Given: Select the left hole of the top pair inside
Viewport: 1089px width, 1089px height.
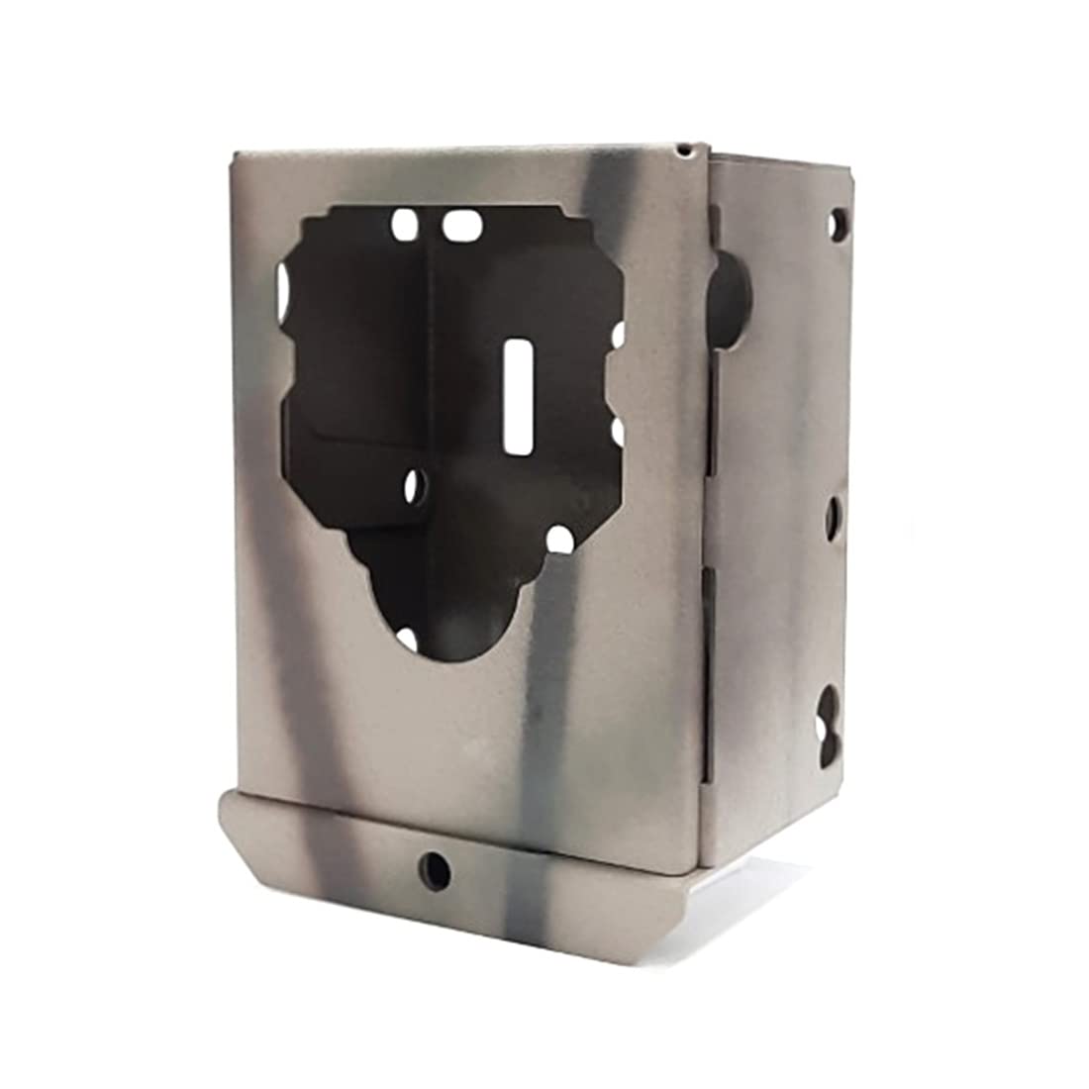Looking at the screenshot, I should [x=404, y=223].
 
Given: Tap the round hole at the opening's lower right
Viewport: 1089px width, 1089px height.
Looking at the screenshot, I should [x=559, y=541].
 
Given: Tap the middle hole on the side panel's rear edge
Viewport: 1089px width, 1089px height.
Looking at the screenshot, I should [x=833, y=515].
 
